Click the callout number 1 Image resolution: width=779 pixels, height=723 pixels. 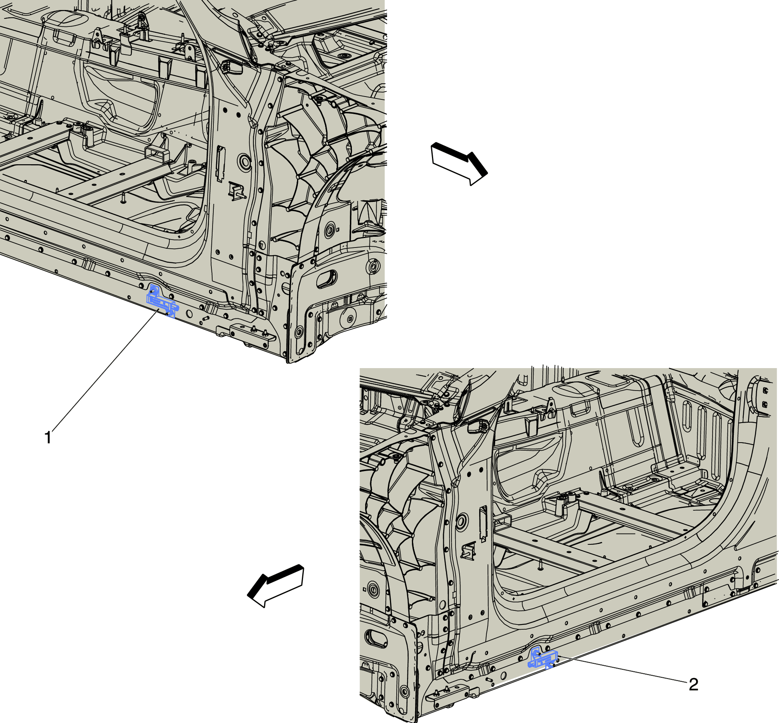48,437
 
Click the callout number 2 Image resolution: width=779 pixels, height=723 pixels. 693,684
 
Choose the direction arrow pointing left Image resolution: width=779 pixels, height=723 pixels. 276,586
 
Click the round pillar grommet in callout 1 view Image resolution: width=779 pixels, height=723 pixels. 244,161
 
